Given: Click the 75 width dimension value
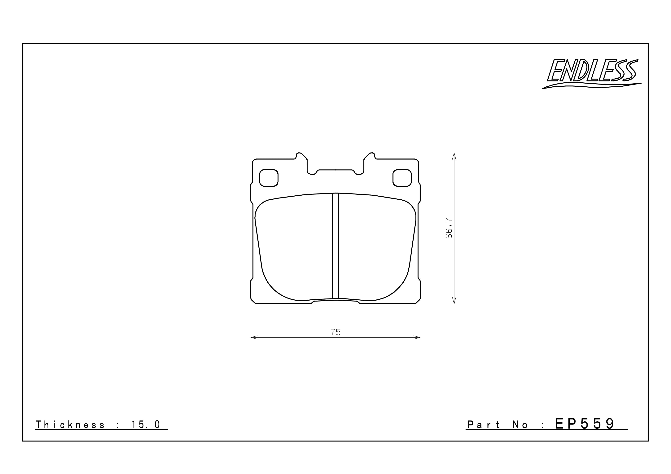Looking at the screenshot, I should tap(335, 332).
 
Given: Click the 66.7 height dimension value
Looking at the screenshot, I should tap(449, 228).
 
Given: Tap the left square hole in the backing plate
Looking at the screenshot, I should tap(269, 178).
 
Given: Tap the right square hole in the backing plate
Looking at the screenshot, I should tap(402, 178).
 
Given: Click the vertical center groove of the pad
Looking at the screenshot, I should tap(335, 245).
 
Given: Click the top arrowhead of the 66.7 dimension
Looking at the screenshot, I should tap(454, 156).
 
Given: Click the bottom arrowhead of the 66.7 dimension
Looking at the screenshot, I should tap(454, 301).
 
